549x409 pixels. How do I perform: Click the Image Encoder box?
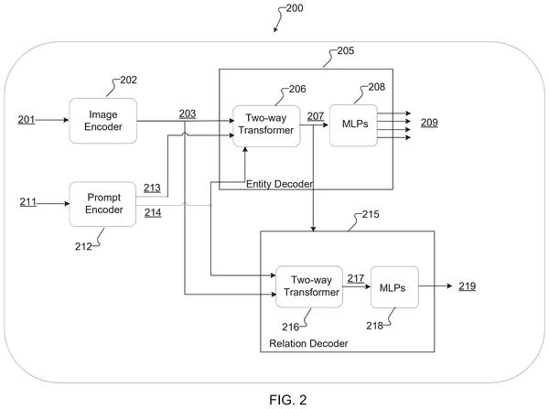click(102, 121)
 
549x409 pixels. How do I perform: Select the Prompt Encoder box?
click(102, 204)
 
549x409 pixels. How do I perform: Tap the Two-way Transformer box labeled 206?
click(266, 126)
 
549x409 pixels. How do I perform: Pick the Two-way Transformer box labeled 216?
click(309, 286)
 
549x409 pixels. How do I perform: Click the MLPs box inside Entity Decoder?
click(353, 125)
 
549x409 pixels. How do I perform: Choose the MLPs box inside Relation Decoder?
click(394, 287)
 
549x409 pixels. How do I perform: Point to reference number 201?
click(27, 120)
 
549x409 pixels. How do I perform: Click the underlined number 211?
click(28, 202)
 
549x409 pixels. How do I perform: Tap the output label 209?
click(429, 123)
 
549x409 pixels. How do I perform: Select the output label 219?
click(467, 286)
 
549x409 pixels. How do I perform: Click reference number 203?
click(188, 113)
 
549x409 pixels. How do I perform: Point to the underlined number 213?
click(152, 188)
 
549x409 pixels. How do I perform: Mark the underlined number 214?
click(153, 212)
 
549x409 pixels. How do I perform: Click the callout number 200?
click(295, 8)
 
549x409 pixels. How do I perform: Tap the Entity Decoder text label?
click(279, 184)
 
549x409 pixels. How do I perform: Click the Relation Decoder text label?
click(308, 343)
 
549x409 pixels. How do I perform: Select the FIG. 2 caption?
click(288, 400)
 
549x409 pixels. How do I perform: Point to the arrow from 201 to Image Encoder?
click(52, 120)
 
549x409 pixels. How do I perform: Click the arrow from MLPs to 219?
click(436, 286)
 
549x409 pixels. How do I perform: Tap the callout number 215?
click(371, 214)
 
